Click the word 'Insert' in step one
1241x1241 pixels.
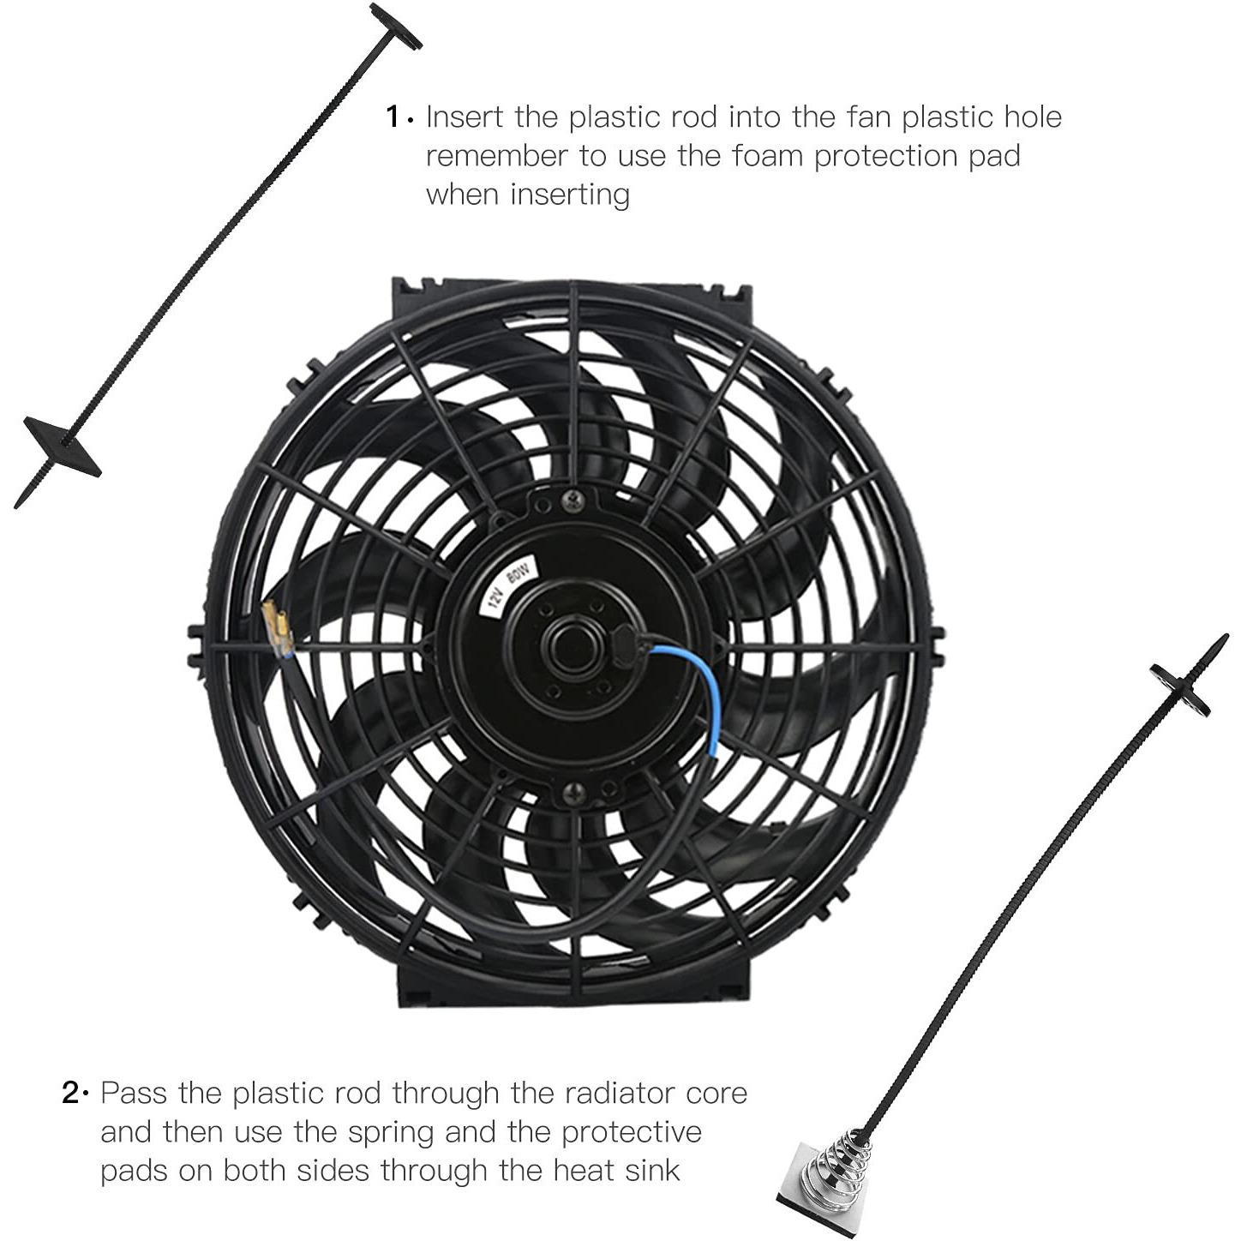[x=465, y=117]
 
